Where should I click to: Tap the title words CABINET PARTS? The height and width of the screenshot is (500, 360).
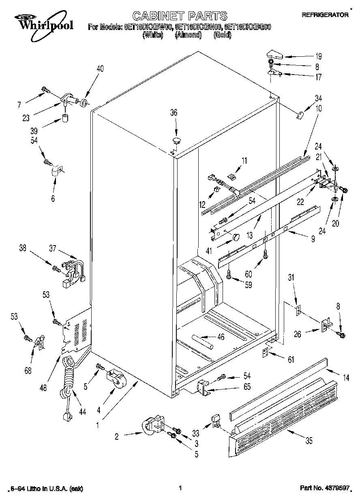tap(180, 16)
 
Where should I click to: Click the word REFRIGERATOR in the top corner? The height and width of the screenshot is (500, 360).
tap(325, 15)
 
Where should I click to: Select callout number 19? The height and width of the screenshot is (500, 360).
tap(319, 57)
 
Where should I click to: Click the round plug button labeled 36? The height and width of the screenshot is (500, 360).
tap(176, 141)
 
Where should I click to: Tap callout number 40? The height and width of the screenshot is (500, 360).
tap(100, 68)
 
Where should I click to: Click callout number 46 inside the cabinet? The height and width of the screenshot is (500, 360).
tap(221, 336)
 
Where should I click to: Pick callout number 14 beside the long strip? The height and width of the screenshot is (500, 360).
tap(346, 378)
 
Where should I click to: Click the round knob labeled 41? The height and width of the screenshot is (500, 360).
tap(235, 237)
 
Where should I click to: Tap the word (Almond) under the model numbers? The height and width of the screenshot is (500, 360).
tap(188, 35)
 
